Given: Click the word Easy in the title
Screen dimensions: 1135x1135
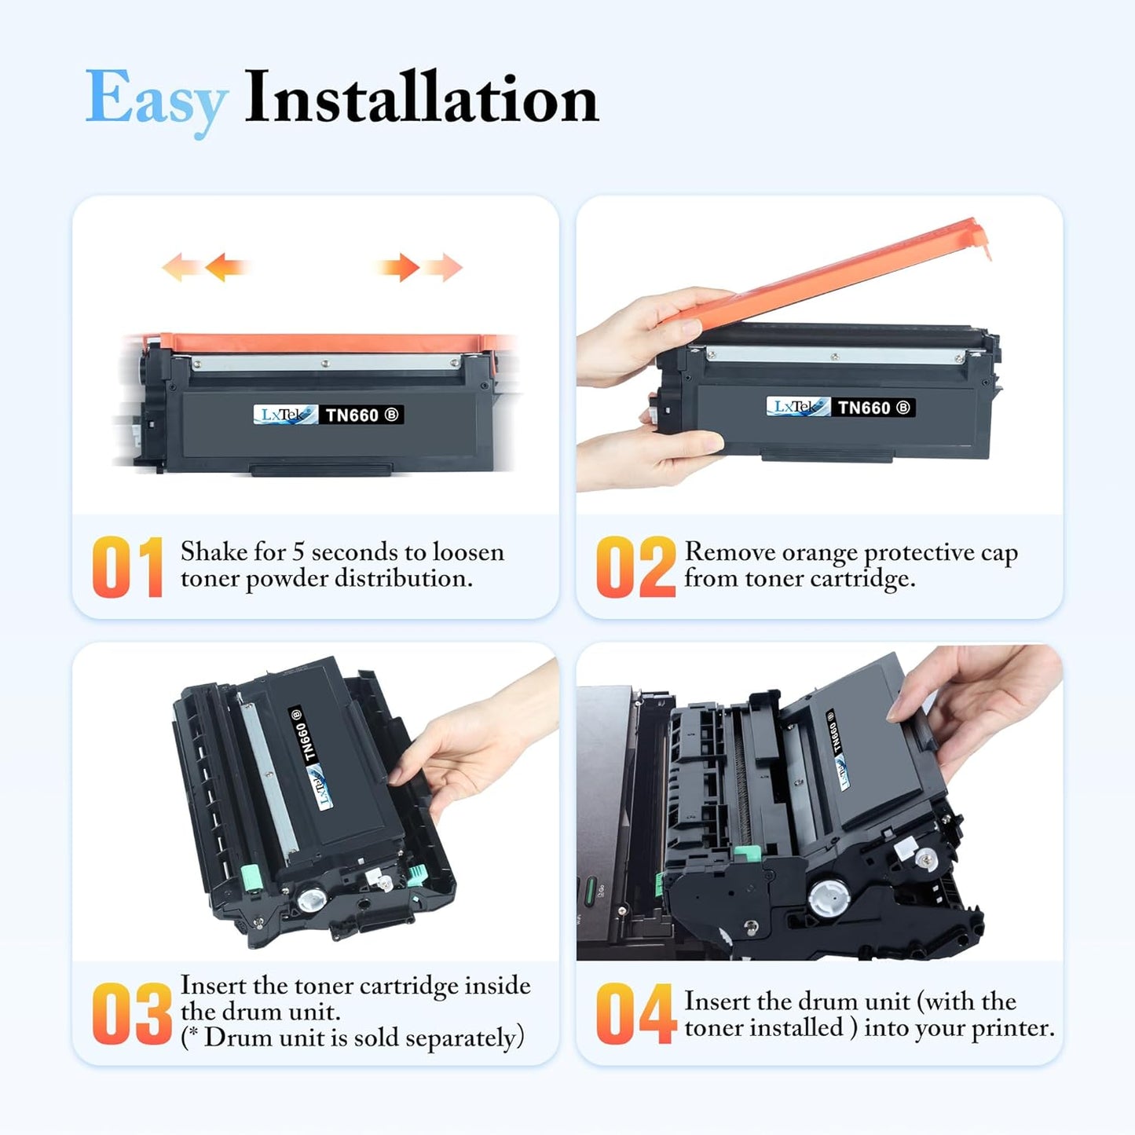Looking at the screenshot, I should tap(156, 100).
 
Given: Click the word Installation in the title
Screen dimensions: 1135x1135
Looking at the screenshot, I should tap(421, 98).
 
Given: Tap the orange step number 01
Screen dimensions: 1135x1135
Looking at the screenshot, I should tap(127, 567).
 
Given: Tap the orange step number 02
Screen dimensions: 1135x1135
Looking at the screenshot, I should tap(635, 567).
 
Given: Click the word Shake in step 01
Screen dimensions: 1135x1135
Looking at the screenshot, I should tap(214, 552).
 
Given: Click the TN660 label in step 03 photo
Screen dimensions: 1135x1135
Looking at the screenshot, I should tap(302, 734).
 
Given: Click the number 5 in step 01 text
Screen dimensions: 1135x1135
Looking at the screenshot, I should tap(298, 552).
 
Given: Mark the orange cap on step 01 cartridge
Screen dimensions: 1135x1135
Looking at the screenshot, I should tap(322, 343).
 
